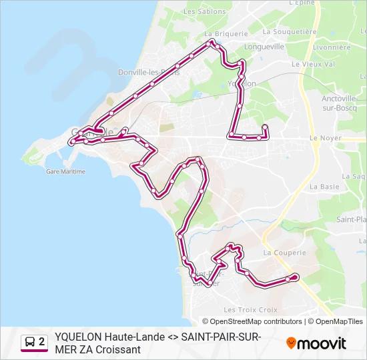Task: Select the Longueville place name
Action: click(264, 47)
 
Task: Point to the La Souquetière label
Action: click(289, 31)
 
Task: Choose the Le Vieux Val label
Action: click(313, 65)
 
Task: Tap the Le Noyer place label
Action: click(324, 138)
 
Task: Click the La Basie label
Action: click(325, 187)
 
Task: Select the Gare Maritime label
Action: click(65, 171)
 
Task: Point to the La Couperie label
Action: click(284, 253)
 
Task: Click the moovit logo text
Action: click(322, 344)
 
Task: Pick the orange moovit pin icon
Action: click(291, 343)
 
